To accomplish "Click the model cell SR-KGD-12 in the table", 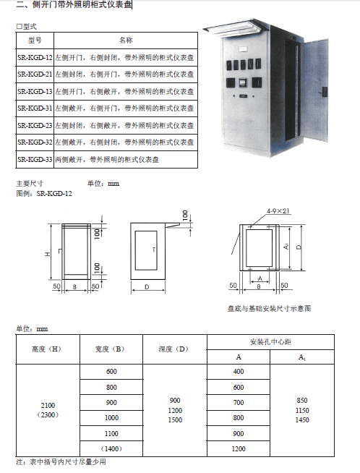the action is coord(35,57).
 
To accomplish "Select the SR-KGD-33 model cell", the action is coord(35,159).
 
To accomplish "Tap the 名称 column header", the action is coord(126,40).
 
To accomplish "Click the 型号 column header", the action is coord(35,40).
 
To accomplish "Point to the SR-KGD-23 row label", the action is coord(35,125).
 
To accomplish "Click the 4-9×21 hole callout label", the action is coord(278,211).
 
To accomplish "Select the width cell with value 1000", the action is coord(111,418).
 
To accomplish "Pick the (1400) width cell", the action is coord(111,449).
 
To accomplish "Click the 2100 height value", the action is coord(48,405).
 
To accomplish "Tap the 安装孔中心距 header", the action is coord(270,342).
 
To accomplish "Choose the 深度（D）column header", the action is coord(173,349).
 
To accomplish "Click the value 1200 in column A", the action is coord(239,449).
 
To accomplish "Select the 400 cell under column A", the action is coord(239,371).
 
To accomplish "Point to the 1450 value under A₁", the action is coord(302,420).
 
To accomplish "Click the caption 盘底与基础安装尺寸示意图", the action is coord(269,308).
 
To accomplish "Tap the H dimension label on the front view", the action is coord(48,255).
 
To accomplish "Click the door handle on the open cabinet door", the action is coord(325,91).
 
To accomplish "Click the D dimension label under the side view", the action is coord(147,286).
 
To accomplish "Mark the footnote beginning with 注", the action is coord(61,462).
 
